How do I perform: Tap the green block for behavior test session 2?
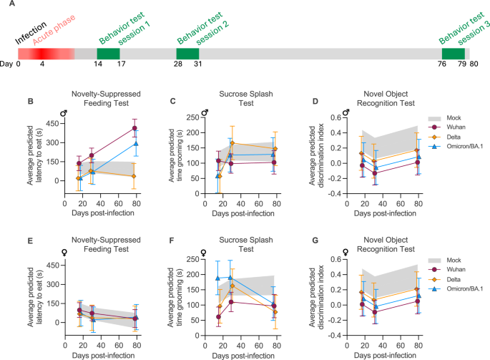click(187, 54)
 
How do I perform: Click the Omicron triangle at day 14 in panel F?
click(198, 278)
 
